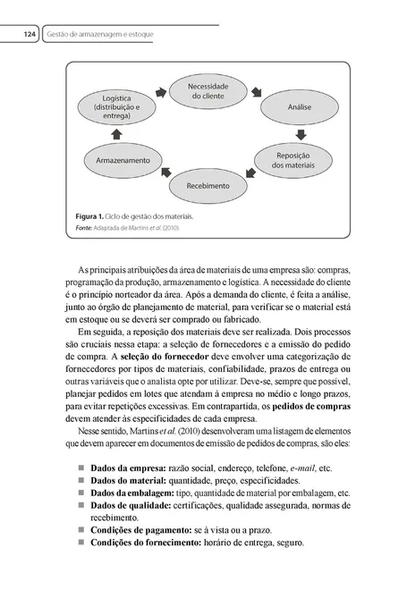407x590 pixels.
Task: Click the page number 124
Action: point(28,34)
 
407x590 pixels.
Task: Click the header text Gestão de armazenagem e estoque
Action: point(99,34)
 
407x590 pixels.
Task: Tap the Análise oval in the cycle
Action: point(299,105)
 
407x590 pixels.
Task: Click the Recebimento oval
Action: point(208,186)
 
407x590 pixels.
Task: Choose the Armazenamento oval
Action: point(116,159)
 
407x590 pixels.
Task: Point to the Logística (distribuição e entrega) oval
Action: point(116,106)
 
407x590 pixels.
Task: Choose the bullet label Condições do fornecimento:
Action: point(148,542)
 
